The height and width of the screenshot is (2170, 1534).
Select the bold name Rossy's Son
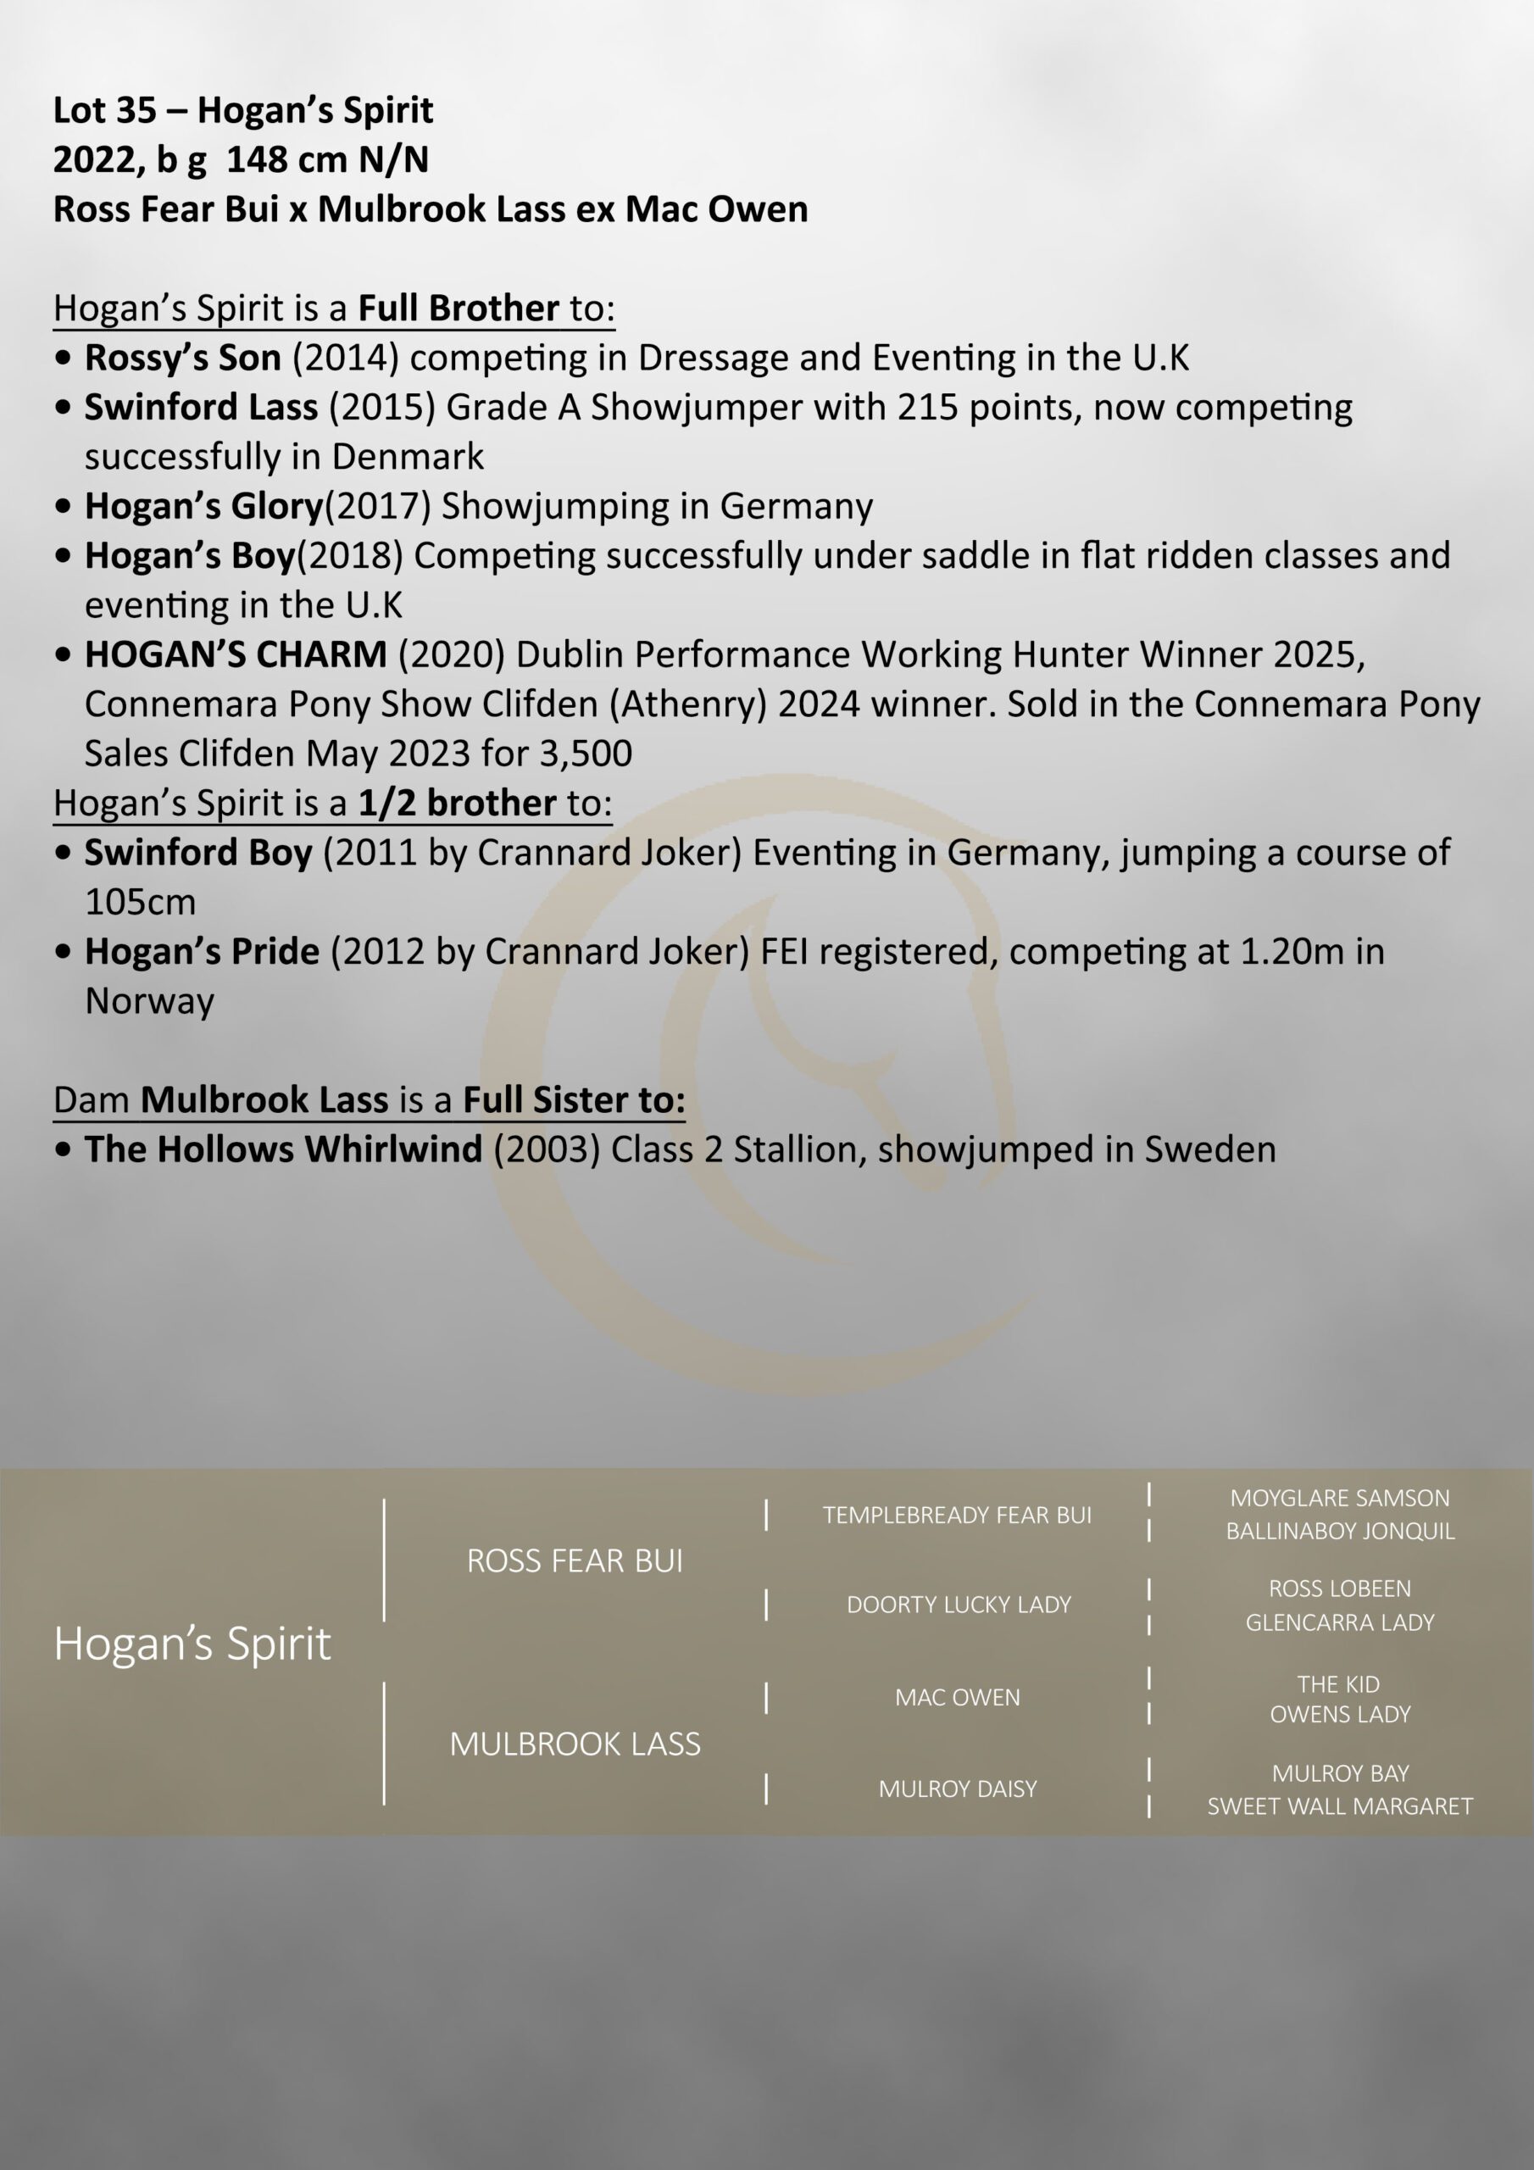pos(182,357)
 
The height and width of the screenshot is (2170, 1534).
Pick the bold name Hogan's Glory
pos(203,507)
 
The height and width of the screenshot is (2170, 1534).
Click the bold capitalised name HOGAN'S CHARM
pos(236,655)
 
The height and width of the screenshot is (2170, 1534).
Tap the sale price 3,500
pos(584,754)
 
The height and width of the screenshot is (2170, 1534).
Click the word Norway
pos(149,1001)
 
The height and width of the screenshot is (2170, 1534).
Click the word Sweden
pos(1209,1149)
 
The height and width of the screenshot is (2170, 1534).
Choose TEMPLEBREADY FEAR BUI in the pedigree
pos(957,1515)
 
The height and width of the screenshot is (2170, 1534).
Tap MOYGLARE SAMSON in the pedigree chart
pos(1339,1498)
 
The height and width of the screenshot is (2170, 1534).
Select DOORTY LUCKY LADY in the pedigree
pos(959,1604)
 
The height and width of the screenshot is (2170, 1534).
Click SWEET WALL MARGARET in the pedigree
pos(1339,1806)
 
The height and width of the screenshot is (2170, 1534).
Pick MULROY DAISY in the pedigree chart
pos(958,1789)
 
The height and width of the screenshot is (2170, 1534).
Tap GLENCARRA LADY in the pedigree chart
pos(1339,1622)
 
